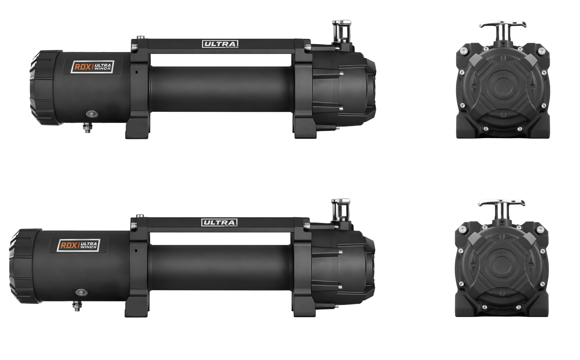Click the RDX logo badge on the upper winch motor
(x=92, y=67)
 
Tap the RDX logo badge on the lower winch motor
(x=78, y=245)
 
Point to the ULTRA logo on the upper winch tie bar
(x=220, y=44)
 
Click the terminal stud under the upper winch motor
(x=88, y=128)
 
